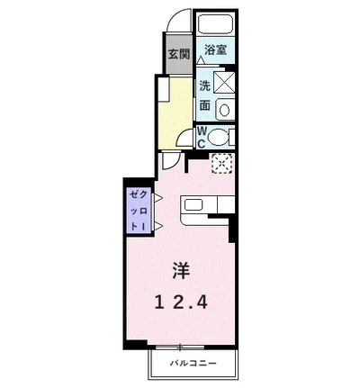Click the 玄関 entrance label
click(x=179, y=54)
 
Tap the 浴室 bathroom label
click(x=215, y=50)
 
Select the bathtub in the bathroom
click(x=215, y=23)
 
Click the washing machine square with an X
click(x=223, y=82)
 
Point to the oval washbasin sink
click(x=224, y=110)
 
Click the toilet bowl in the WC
click(x=218, y=137)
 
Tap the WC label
click(x=202, y=138)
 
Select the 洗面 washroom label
click(x=205, y=96)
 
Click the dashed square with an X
click(x=222, y=163)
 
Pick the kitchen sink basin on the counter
click(x=193, y=205)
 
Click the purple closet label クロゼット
click(x=139, y=211)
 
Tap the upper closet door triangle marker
click(x=158, y=198)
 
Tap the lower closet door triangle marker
click(x=158, y=226)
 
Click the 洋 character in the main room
click(x=181, y=271)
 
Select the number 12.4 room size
click(x=181, y=302)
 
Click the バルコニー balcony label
click(x=193, y=364)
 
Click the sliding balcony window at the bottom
click(x=180, y=347)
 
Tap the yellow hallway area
click(x=175, y=113)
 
